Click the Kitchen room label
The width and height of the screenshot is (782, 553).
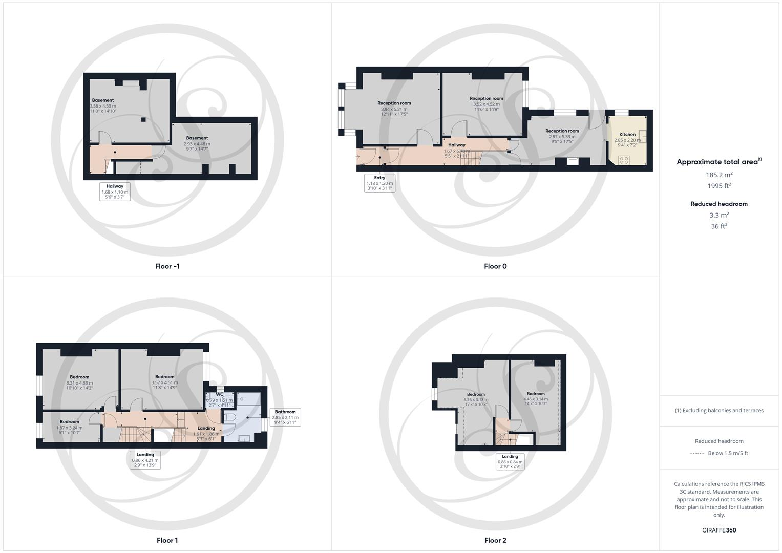pyautogui.click(x=627, y=135)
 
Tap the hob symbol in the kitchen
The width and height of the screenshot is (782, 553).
pyautogui.click(x=623, y=160)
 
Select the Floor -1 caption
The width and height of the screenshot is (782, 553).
pyautogui.click(x=167, y=266)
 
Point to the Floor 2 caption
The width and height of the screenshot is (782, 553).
pyautogui.click(x=495, y=540)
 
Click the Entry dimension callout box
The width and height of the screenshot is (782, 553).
pyautogui.click(x=379, y=183)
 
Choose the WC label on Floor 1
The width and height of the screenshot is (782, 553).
pyautogui.click(x=220, y=394)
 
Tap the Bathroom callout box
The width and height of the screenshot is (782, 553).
pyautogui.click(x=285, y=417)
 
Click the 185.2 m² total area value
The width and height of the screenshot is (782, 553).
pyautogui.click(x=719, y=175)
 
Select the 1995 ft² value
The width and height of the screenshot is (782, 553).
pyautogui.click(x=719, y=186)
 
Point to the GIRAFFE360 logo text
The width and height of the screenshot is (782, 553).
pyautogui.click(x=719, y=530)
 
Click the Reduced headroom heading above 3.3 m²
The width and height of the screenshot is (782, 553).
pyautogui.click(x=719, y=204)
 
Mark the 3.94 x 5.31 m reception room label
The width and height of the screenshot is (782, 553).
pyautogui.click(x=394, y=109)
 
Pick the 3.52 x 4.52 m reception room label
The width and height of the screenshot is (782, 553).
pyautogui.click(x=487, y=104)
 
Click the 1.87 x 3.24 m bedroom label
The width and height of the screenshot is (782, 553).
pyautogui.click(x=70, y=427)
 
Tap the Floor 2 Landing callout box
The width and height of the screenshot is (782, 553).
pyautogui.click(x=510, y=461)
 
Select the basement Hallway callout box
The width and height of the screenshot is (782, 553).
pyautogui.click(x=115, y=192)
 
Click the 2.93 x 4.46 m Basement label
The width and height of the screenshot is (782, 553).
pyautogui.click(x=197, y=143)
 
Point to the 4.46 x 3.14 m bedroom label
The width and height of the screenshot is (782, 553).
pyautogui.click(x=536, y=399)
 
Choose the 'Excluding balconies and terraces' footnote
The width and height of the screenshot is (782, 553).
pyautogui.click(x=719, y=411)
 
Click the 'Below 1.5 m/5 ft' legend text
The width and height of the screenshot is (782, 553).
pyautogui.click(x=728, y=453)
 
